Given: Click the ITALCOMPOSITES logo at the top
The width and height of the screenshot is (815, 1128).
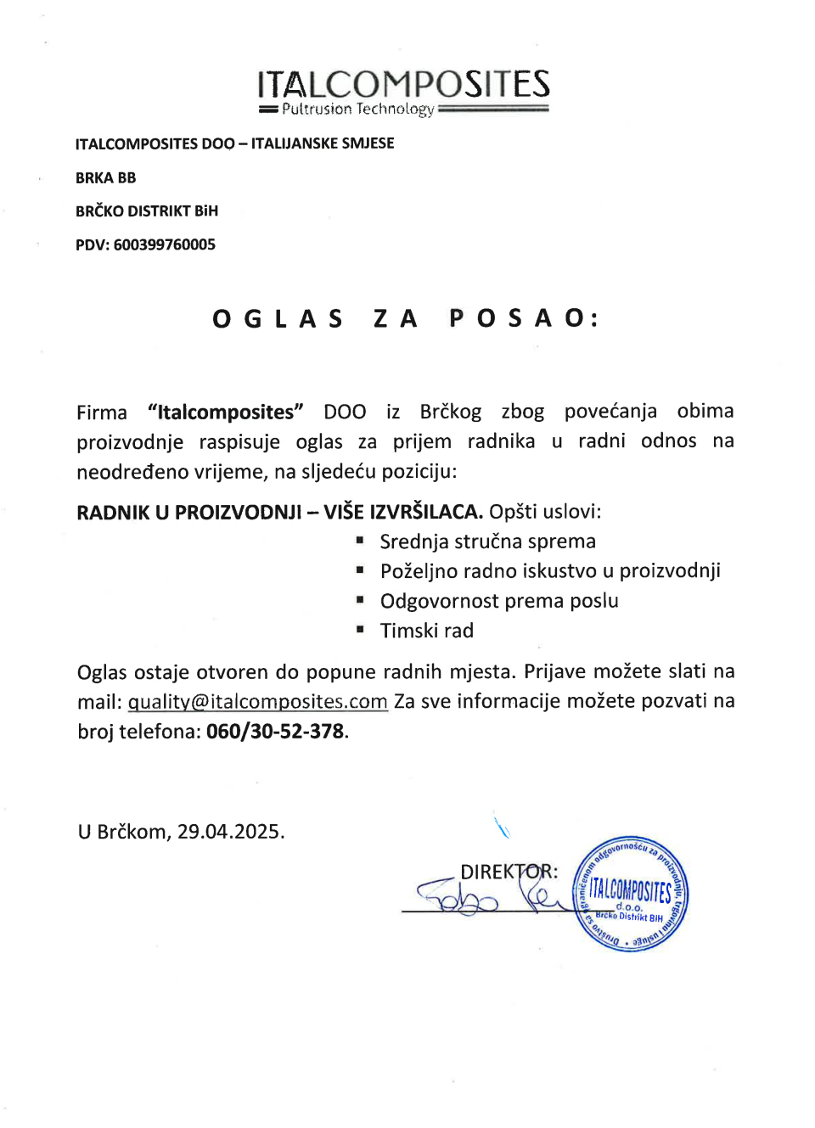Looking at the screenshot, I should click(x=403, y=84).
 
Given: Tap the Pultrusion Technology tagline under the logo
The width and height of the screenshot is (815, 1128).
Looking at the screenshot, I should click(x=357, y=109).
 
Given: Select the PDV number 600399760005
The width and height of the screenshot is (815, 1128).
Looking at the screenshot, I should click(x=164, y=244).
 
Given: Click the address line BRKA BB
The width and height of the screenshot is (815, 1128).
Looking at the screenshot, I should click(x=105, y=177).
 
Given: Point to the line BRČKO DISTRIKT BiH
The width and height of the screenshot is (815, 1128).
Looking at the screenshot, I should click(x=146, y=210).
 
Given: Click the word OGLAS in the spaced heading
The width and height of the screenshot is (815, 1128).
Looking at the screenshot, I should click(x=278, y=318).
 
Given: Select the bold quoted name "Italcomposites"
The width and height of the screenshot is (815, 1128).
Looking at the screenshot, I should click(x=225, y=412).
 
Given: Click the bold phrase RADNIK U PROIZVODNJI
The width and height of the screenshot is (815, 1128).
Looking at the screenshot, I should click(x=188, y=512).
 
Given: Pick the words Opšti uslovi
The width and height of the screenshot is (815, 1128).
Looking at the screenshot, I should click(x=544, y=512).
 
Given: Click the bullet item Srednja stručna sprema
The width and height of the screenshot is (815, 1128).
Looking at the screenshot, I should click(x=487, y=542).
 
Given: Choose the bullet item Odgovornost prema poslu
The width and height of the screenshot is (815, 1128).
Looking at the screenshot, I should click(x=499, y=601).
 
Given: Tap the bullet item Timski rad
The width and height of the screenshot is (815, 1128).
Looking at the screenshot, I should click(x=426, y=631).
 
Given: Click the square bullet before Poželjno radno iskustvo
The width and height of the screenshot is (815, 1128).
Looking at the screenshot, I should click(x=360, y=570).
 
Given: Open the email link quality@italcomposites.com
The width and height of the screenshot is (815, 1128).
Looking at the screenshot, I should click(x=257, y=702).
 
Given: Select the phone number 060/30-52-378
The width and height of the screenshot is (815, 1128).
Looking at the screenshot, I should click(x=275, y=732).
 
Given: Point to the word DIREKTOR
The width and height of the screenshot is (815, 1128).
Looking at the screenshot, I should click(x=507, y=872).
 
